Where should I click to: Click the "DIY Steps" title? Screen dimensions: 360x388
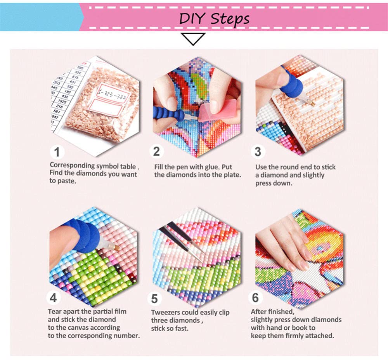(x=214, y=18)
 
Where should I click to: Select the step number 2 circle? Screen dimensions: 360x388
(x=156, y=151)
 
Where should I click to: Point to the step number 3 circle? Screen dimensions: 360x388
(x=258, y=151)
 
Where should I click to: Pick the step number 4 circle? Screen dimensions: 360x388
(x=54, y=298)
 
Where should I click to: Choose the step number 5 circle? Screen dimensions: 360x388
(x=155, y=299)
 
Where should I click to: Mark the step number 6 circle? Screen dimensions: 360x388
(x=255, y=298)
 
